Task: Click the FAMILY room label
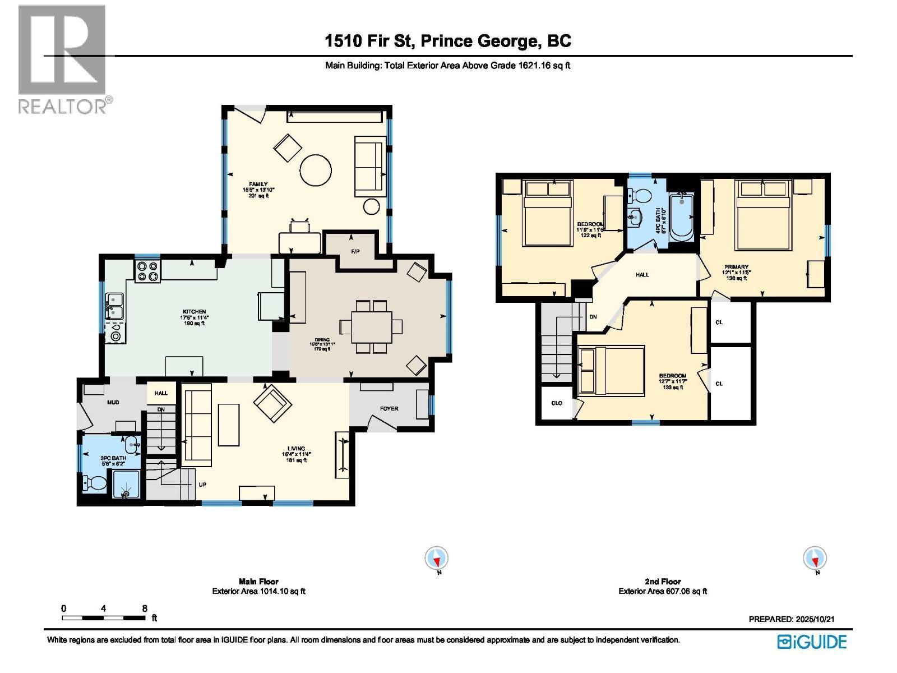258,184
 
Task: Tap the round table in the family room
316,170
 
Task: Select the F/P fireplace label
355,252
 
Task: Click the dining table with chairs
372,327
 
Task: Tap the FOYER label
389,408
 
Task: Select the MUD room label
113,402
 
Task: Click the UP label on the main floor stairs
202,484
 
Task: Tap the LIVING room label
296,448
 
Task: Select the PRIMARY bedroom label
736,267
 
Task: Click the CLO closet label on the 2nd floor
557,403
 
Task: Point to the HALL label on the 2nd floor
642,275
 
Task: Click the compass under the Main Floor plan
437,559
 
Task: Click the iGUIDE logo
811,641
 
